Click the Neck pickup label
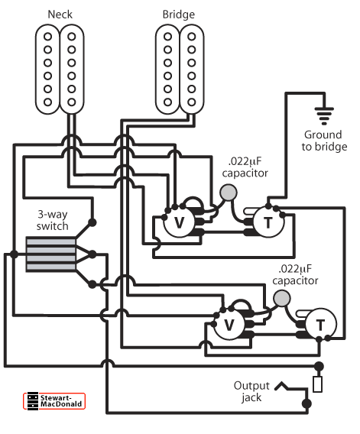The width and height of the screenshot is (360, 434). coord(60,15)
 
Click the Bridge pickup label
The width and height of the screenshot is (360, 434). coord(179,15)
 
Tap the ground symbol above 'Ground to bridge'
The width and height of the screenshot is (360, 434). coord(324,115)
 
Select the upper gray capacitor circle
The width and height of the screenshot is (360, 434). coord(229,193)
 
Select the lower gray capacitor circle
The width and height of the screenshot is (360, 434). coord(281,298)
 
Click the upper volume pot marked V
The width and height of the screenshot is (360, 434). coord(180,222)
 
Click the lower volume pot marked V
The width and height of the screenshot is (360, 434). coord(229,325)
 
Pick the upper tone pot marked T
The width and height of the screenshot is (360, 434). coord(268,222)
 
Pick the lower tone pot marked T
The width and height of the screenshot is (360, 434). coord(321,325)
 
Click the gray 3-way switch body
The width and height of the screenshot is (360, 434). coord(50,254)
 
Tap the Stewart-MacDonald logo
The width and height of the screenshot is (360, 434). coord(54,401)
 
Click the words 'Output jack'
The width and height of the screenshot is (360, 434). coord(251,391)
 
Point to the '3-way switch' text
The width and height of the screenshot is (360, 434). coord(53,220)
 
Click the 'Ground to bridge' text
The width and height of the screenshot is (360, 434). coord(324,141)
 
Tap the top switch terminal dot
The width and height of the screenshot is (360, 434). coord(92,222)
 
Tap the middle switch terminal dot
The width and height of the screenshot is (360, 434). coord(92,254)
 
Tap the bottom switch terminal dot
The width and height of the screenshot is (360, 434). coord(92,284)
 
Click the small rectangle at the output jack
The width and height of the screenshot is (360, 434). coord(318,384)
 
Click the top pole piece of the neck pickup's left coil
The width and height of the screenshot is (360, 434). coord(47,36)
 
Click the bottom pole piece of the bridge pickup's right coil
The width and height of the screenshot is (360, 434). coord(191,102)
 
